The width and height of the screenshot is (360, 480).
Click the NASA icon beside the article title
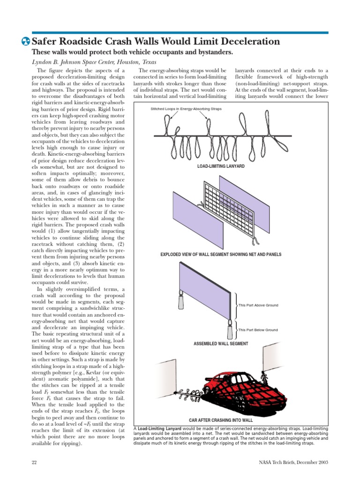click(x=26, y=42)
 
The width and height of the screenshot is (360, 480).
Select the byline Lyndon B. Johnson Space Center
click(x=93, y=62)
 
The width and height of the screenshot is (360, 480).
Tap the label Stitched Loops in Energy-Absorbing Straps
click(x=186, y=109)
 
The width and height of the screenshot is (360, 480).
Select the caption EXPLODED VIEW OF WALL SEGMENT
click(x=220, y=255)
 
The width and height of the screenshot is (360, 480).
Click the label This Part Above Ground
click(x=258, y=305)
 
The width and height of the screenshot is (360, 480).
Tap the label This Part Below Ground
click(x=258, y=330)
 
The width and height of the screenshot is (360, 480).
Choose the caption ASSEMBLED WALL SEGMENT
click(x=220, y=344)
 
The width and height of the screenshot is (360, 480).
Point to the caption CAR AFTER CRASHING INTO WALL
click(x=220, y=420)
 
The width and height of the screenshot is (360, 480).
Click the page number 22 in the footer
click(x=34, y=463)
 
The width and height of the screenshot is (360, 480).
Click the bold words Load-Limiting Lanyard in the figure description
click(x=161, y=428)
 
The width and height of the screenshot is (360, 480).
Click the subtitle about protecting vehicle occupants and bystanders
click(x=132, y=52)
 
